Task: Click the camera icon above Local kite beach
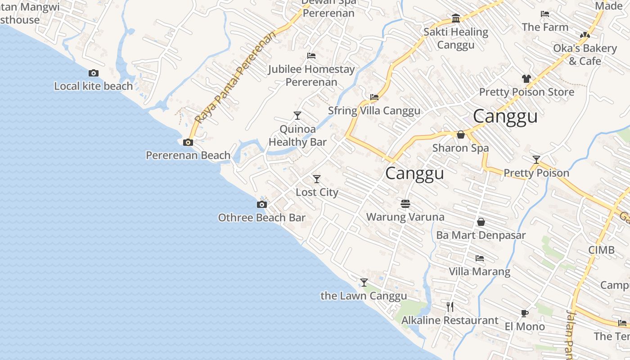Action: click(x=94, y=73)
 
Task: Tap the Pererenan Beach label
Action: click(x=188, y=155)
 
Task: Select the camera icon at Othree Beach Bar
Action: click(x=261, y=205)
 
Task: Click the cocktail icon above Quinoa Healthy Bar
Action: click(x=297, y=116)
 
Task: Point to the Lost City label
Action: click(x=317, y=192)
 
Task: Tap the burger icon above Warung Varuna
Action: click(x=405, y=204)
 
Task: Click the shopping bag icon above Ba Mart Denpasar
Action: click(x=481, y=222)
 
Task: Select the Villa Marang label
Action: click(x=479, y=271)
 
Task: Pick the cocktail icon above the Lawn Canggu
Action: click(x=364, y=283)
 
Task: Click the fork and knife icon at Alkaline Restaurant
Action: click(x=450, y=307)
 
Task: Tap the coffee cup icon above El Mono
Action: click(x=524, y=313)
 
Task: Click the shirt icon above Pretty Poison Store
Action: click(x=526, y=79)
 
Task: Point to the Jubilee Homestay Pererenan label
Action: click(x=311, y=75)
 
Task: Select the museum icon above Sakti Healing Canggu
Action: click(x=456, y=18)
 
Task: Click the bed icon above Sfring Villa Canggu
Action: click(x=374, y=97)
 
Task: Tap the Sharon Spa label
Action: click(x=460, y=148)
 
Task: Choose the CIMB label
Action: click(x=601, y=250)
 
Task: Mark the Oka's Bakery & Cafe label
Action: click(x=585, y=54)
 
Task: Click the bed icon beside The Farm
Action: click(x=545, y=14)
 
